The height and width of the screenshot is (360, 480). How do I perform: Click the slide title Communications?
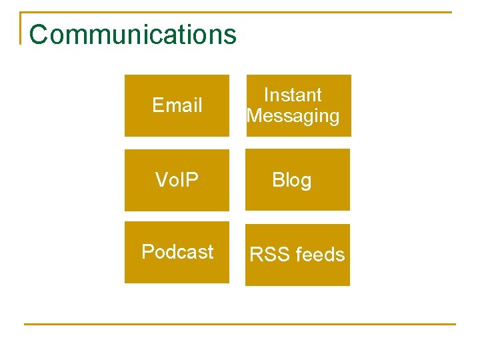click(x=133, y=35)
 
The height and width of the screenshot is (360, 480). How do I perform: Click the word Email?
click(x=177, y=105)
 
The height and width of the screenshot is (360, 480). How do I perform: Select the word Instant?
click(x=293, y=95)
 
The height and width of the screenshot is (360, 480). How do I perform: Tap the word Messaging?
click(x=293, y=116)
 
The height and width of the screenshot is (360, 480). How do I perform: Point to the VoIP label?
click(x=177, y=179)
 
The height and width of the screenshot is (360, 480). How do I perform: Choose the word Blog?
click(x=291, y=180)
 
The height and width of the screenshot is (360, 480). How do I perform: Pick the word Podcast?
click(x=177, y=252)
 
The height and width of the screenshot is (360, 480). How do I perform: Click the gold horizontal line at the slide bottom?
click(x=240, y=324)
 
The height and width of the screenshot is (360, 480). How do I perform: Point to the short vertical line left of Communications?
click(x=21, y=28)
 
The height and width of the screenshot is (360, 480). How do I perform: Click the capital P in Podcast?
click(x=147, y=252)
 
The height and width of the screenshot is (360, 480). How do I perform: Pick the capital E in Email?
click(x=158, y=105)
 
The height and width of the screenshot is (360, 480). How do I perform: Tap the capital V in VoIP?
click(x=161, y=179)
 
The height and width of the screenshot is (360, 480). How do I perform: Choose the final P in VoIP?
click(x=192, y=179)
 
